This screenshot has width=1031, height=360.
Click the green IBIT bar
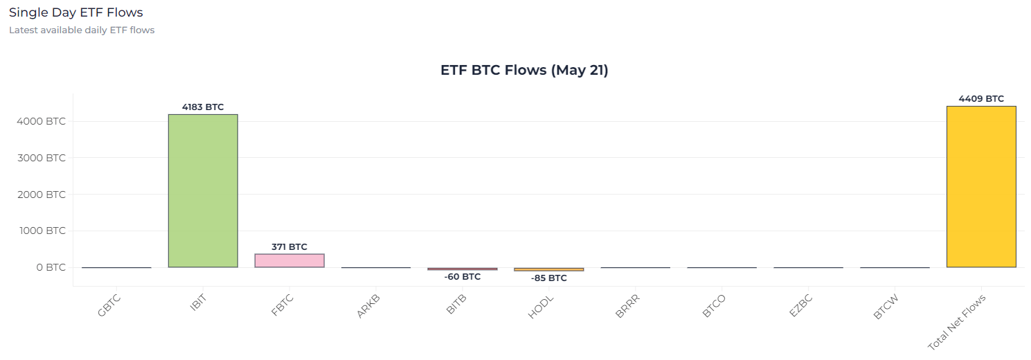(x=203, y=190)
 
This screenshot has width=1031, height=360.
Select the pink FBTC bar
(x=289, y=260)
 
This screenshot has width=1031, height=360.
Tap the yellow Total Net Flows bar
(x=981, y=186)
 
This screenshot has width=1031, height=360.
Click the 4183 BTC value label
(x=203, y=107)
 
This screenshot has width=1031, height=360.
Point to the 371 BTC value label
(x=289, y=246)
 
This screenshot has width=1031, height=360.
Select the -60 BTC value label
(x=463, y=277)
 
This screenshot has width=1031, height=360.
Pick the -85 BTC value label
(x=548, y=278)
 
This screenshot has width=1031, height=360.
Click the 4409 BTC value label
(x=981, y=99)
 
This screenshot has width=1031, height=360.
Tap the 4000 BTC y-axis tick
(x=41, y=121)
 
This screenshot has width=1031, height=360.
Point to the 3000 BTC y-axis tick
(x=41, y=158)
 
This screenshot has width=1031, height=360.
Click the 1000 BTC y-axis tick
(x=41, y=231)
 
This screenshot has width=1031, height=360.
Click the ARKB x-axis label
(x=369, y=305)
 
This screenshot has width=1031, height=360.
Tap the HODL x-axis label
(x=541, y=305)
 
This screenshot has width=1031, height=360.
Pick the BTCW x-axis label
(x=887, y=305)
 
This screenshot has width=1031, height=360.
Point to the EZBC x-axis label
(x=800, y=305)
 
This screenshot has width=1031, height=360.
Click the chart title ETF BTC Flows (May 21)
(x=524, y=70)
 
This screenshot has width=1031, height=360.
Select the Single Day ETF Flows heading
(x=76, y=12)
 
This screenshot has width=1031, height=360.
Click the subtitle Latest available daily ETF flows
(x=82, y=30)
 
